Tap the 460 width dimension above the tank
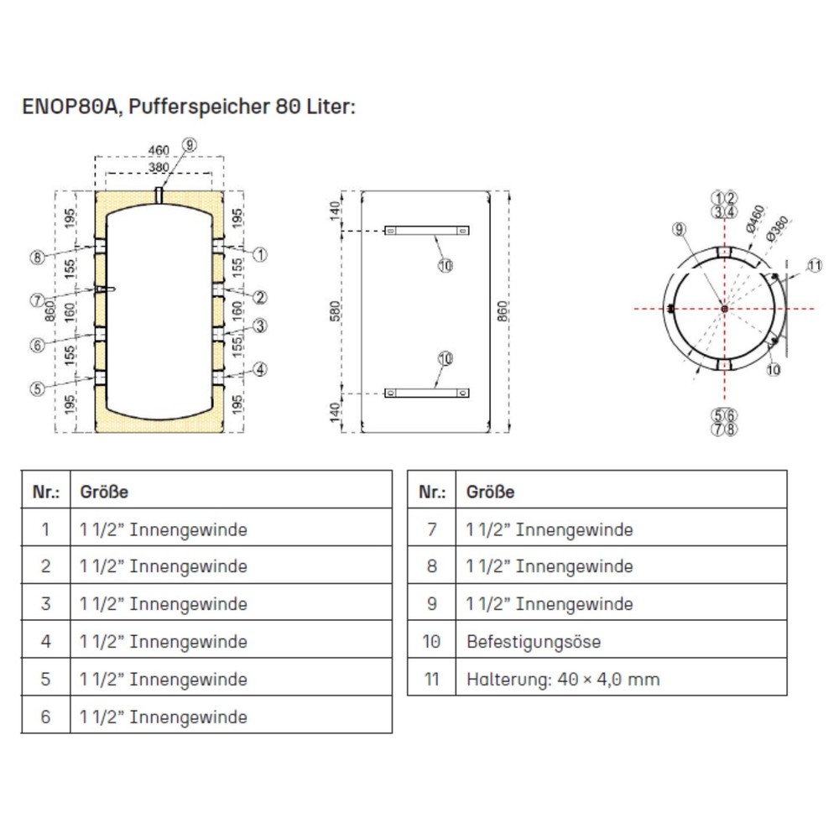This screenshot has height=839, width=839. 159,150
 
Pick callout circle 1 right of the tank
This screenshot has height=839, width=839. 260,253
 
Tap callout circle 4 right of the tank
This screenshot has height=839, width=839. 260,368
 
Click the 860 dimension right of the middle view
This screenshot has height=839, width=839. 503,312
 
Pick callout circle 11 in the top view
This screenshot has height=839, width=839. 816,267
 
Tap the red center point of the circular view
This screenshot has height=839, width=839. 724,309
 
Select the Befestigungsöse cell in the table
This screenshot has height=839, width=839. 534,642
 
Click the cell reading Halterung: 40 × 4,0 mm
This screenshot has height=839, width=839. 562,679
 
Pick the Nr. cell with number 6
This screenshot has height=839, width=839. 45,717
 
